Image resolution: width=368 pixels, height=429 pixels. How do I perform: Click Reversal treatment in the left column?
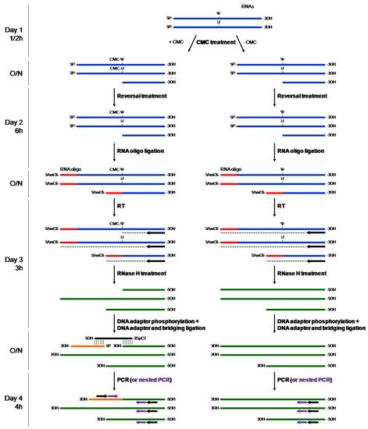click(141, 97)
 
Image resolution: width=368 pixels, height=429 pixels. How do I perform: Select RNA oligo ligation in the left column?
click(141, 154)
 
